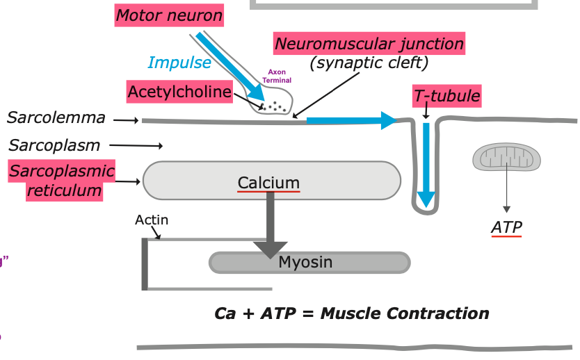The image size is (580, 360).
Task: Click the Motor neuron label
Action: pyautogui.click(x=169, y=15)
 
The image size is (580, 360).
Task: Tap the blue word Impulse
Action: pyautogui.click(x=179, y=63)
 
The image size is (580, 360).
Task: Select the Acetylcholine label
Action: pyautogui.click(x=179, y=92)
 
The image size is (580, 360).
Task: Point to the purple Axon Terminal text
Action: pyautogui.click(x=277, y=76)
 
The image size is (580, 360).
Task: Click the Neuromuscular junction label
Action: pyautogui.click(x=369, y=44)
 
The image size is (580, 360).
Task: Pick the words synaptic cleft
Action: pyautogui.click(x=369, y=63)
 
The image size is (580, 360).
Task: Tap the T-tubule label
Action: pyautogui.click(x=447, y=96)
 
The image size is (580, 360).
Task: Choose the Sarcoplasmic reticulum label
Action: pyautogui.click(x=61, y=180)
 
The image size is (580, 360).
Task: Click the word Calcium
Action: pyautogui.click(x=268, y=182)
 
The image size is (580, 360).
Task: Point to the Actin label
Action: pyautogui.click(x=152, y=220)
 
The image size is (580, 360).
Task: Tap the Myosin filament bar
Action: pyautogui.click(x=309, y=262)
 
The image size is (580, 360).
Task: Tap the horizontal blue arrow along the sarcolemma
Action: pyautogui.click(x=348, y=121)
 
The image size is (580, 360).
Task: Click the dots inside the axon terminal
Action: pyautogui.click(x=274, y=107)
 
